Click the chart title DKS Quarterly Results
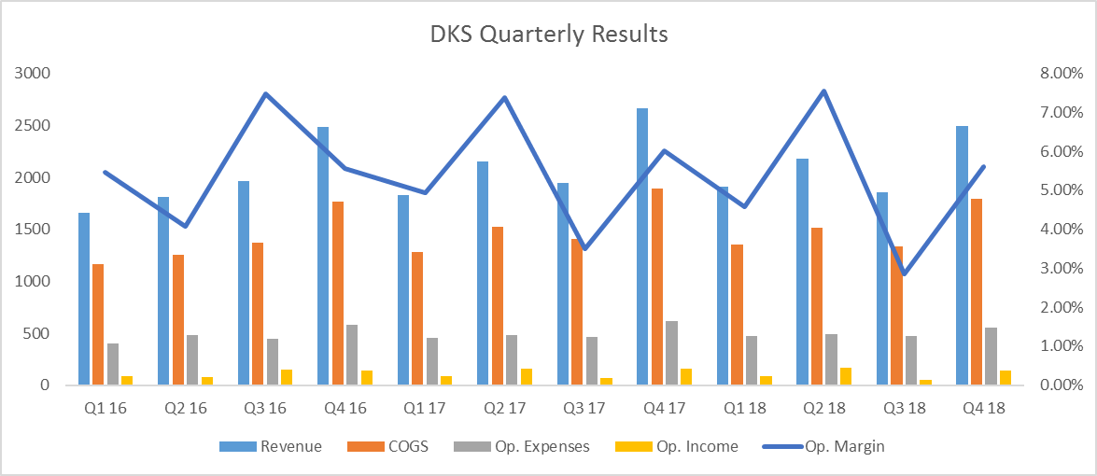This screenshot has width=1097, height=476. (549, 35)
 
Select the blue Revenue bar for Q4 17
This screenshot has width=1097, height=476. (642, 246)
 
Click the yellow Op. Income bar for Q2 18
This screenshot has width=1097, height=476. (846, 376)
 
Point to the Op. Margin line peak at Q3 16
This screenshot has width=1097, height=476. (265, 93)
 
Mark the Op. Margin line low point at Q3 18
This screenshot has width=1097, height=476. (904, 274)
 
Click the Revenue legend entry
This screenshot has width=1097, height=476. (271, 446)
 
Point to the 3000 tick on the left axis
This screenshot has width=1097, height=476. (33, 74)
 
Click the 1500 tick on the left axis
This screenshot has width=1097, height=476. (33, 230)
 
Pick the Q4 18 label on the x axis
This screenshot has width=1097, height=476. (983, 407)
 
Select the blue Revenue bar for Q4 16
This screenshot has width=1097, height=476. (323, 256)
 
